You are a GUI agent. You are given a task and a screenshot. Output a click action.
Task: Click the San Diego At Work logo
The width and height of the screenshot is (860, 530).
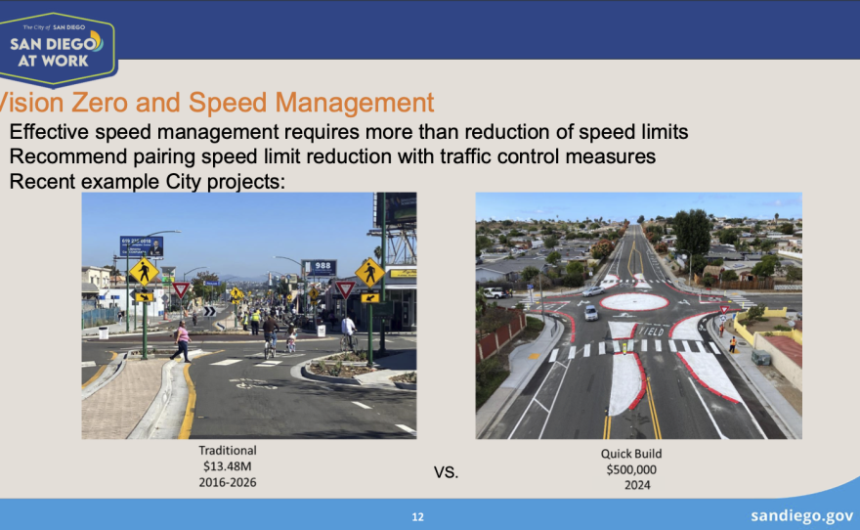click(x=58, y=48)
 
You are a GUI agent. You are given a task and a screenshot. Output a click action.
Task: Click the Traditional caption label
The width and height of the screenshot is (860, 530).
click(x=228, y=451)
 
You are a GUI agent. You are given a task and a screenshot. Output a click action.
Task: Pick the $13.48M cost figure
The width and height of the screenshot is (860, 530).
click(x=228, y=466)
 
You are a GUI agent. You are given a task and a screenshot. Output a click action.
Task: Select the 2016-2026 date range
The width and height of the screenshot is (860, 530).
click(x=228, y=482)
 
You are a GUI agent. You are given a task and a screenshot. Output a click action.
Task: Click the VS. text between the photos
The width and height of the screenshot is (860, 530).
click(x=446, y=473)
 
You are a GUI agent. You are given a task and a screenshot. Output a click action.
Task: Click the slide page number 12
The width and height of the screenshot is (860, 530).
click(x=418, y=517)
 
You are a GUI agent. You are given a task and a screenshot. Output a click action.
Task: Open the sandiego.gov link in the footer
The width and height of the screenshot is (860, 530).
click(x=802, y=515)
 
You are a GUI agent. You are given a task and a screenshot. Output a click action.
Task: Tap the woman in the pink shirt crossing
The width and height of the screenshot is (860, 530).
click(x=182, y=340)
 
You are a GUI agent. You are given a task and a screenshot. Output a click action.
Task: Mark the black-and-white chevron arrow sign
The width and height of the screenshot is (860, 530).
click(x=208, y=312)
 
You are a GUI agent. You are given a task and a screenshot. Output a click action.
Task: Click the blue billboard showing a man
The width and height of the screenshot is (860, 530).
click(x=142, y=245)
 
